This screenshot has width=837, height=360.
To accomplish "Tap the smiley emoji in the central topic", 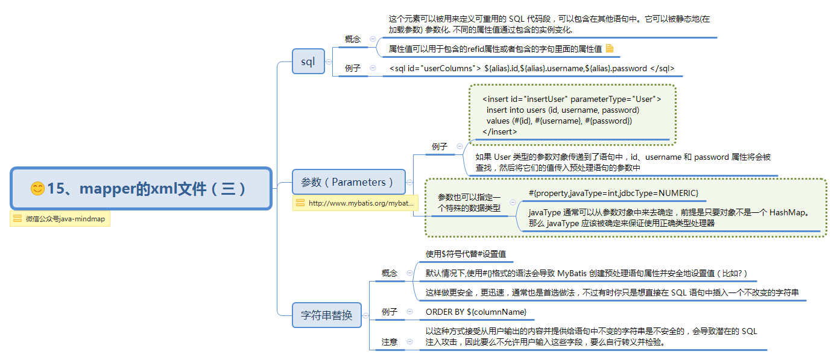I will (37, 189).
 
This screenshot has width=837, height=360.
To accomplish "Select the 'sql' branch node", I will (308, 62).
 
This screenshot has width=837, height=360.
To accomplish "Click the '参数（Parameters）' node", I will (349, 182).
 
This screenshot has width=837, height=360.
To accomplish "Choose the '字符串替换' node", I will (326, 315).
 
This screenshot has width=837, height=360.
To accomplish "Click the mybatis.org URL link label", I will (361, 203).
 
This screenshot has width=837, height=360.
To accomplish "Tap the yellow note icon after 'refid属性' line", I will (610, 49).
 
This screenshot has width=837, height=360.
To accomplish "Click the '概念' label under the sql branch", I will (353, 39).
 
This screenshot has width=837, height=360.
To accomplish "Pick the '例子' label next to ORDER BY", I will (390, 312).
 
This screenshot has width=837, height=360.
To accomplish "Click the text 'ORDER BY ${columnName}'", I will (476, 312).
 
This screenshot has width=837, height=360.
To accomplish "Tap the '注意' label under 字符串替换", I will (390, 342).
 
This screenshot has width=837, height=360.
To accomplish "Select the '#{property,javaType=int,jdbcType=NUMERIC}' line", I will (613, 192).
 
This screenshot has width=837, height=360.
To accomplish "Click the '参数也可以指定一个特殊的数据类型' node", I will (469, 203).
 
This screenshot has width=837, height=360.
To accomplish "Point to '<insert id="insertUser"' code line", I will (571, 99).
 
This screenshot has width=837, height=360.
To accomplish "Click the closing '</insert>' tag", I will (499, 131).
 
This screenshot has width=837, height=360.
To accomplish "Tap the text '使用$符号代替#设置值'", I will (466, 254).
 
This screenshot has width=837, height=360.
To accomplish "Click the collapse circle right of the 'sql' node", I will (329, 62).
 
